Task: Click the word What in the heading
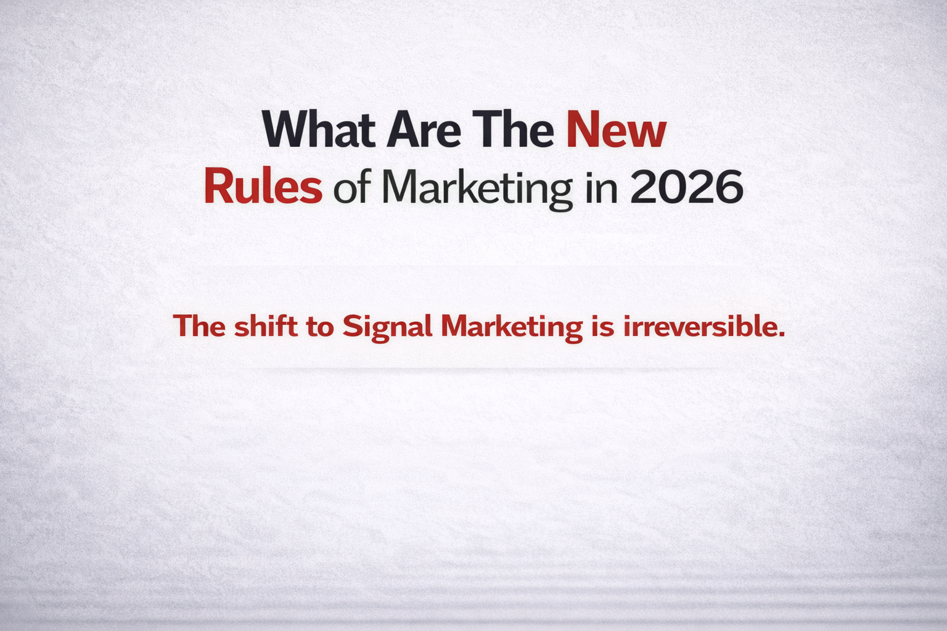click(x=319, y=129)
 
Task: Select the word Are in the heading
click(x=424, y=129)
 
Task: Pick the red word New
click(x=616, y=129)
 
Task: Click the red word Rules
click(x=263, y=187)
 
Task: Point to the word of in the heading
click(x=351, y=189)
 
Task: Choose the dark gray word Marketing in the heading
click(x=477, y=189)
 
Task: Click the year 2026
click(x=686, y=187)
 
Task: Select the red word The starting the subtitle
click(x=199, y=325)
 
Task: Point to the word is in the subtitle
click(x=602, y=325)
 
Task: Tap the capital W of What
click(x=285, y=129)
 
